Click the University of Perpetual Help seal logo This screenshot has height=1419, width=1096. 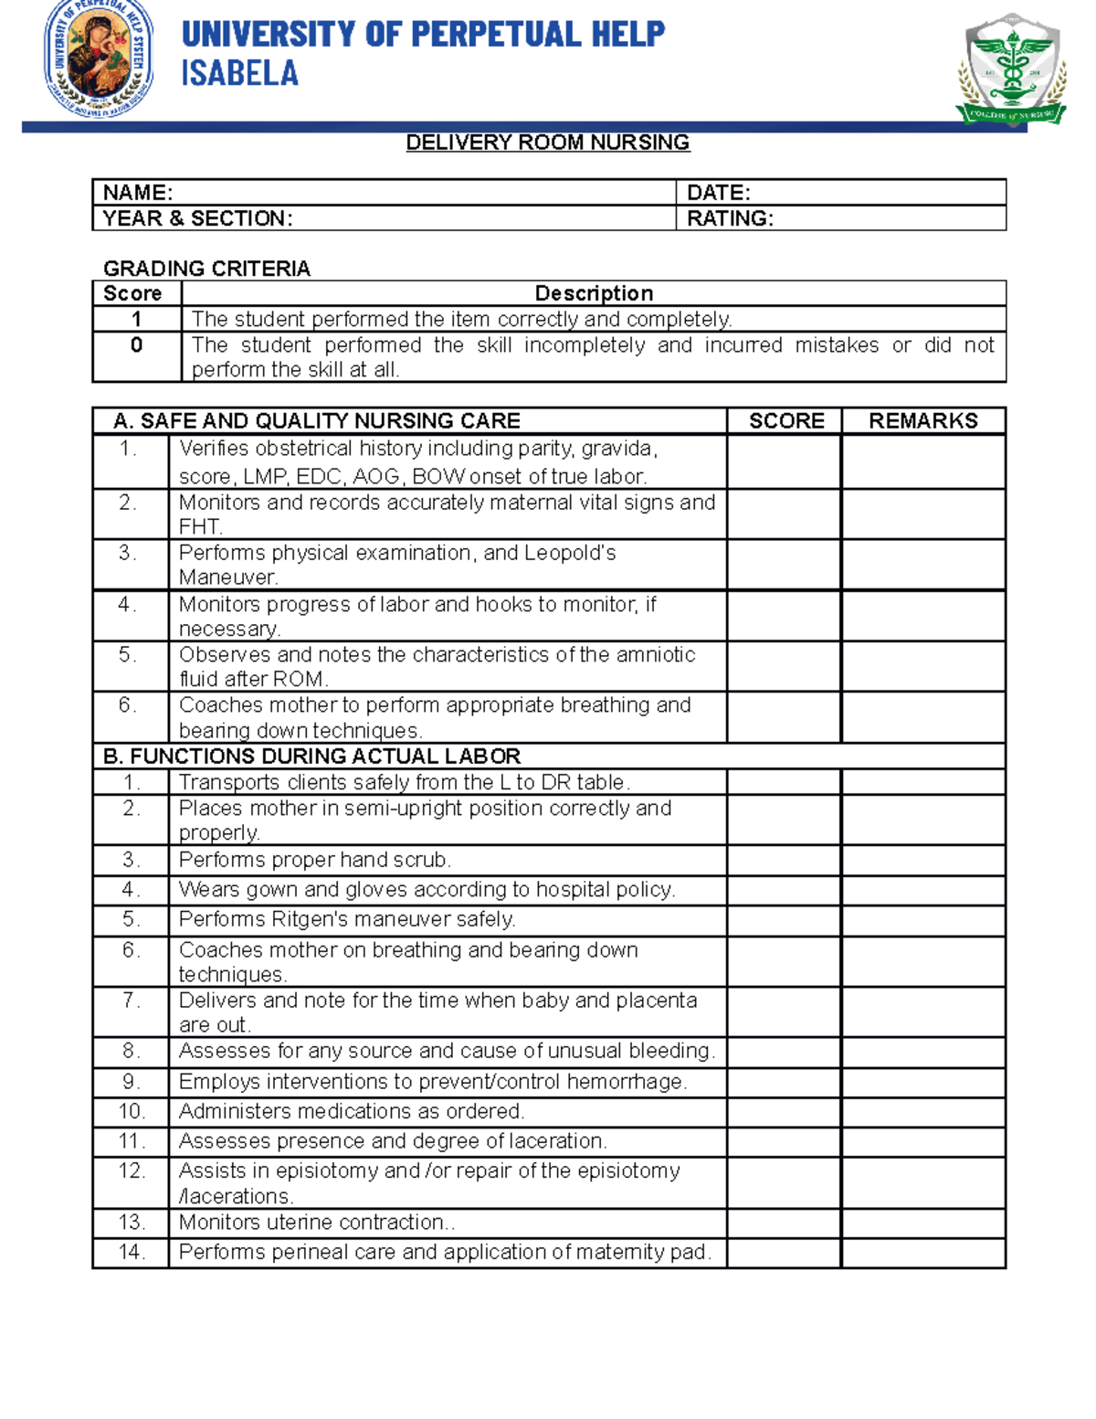[99, 58]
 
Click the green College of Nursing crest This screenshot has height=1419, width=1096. [1011, 71]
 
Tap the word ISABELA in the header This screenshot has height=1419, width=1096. [239, 74]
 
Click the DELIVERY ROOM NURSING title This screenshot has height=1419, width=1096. [547, 143]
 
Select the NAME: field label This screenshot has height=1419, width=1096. [138, 193]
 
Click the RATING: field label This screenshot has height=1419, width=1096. [730, 218]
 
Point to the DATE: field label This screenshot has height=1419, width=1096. [718, 193]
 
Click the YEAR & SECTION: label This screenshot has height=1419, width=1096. [197, 218]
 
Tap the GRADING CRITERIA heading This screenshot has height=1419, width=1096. [206, 269]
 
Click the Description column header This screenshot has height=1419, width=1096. [594, 293]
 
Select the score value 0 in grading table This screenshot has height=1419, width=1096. [136, 345]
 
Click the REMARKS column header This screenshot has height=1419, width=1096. [922, 421]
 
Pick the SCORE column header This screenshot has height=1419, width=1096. [785, 421]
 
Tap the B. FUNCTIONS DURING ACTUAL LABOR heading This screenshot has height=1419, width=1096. [311, 757]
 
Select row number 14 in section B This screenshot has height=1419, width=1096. [131, 1253]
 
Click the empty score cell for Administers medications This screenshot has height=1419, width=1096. [784, 1112]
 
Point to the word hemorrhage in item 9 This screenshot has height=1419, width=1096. [626, 1082]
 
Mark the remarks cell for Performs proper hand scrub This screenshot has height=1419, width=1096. [922, 861]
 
